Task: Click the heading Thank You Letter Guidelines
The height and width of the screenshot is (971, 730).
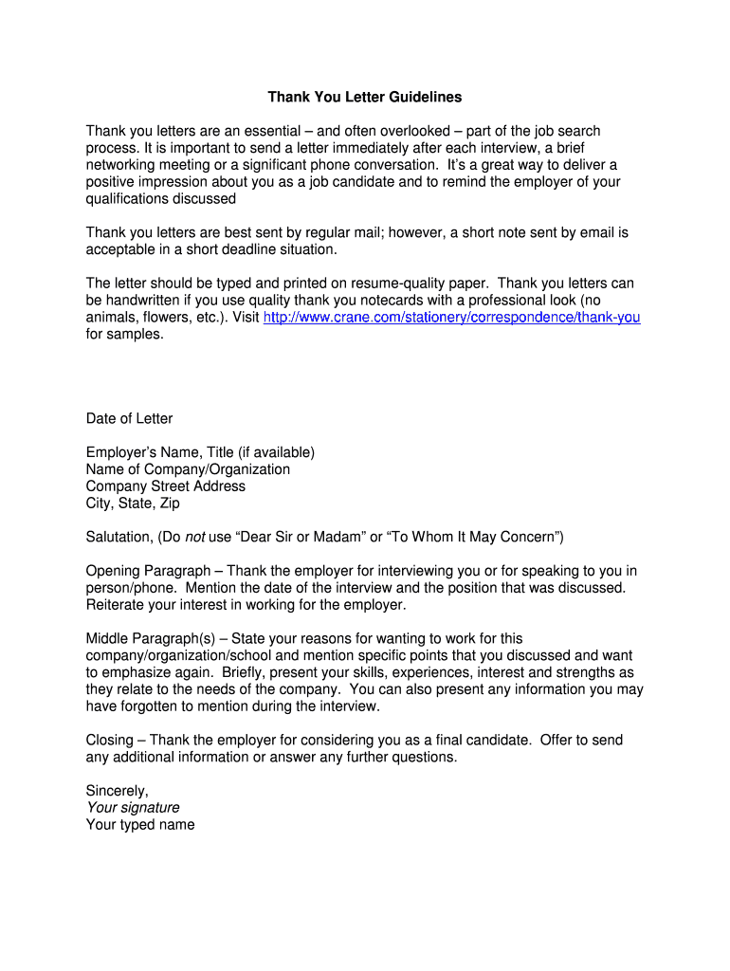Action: tap(364, 97)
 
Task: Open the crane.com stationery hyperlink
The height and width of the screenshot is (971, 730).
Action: tap(451, 318)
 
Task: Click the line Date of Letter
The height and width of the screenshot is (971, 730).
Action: tap(129, 418)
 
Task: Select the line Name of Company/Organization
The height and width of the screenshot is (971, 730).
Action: tap(188, 469)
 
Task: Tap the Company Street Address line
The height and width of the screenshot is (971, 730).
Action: tap(165, 486)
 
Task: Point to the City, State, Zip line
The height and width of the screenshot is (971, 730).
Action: tap(133, 504)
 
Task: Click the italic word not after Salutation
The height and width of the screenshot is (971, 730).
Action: tap(194, 538)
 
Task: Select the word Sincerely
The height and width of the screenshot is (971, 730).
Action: tap(117, 791)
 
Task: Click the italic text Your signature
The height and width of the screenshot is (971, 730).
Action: tap(133, 808)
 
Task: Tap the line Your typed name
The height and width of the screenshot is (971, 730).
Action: tap(140, 825)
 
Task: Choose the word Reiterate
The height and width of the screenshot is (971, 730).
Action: tap(118, 605)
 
